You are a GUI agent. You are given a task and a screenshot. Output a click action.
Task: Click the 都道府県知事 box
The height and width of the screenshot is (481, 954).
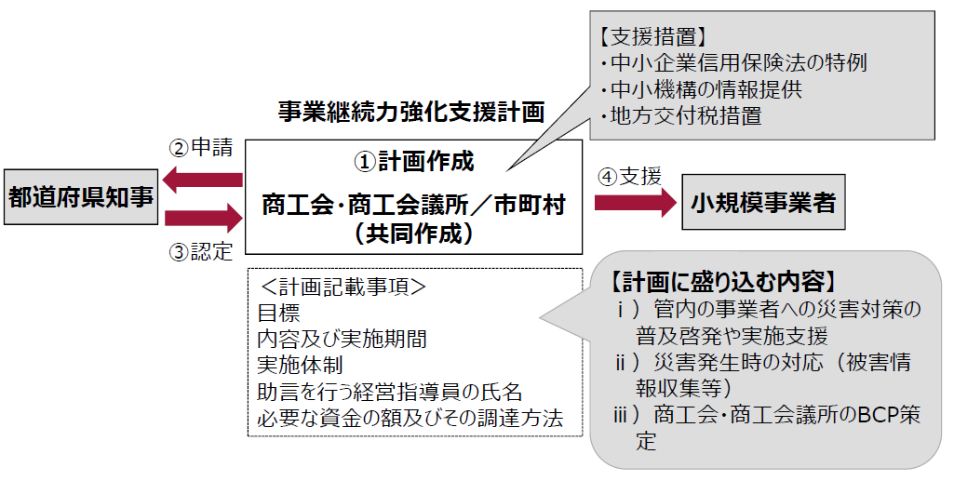(x=81, y=196)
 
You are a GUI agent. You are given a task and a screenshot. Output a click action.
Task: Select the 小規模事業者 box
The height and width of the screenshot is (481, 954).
(x=763, y=202)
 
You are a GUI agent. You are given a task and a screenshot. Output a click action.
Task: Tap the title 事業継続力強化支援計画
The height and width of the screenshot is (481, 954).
(x=411, y=112)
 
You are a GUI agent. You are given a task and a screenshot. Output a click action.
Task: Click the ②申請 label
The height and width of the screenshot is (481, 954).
(x=200, y=148)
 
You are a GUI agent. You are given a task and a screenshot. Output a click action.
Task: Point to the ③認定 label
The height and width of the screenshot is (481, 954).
(x=200, y=251)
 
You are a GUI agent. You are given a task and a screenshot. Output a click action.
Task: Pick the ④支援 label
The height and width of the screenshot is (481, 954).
(x=629, y=176)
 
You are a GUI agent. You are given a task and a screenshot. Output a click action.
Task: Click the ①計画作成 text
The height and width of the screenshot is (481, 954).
(x=413, y=162)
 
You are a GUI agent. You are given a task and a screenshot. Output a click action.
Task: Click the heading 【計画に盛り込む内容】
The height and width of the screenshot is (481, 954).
(x=726, y=281)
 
